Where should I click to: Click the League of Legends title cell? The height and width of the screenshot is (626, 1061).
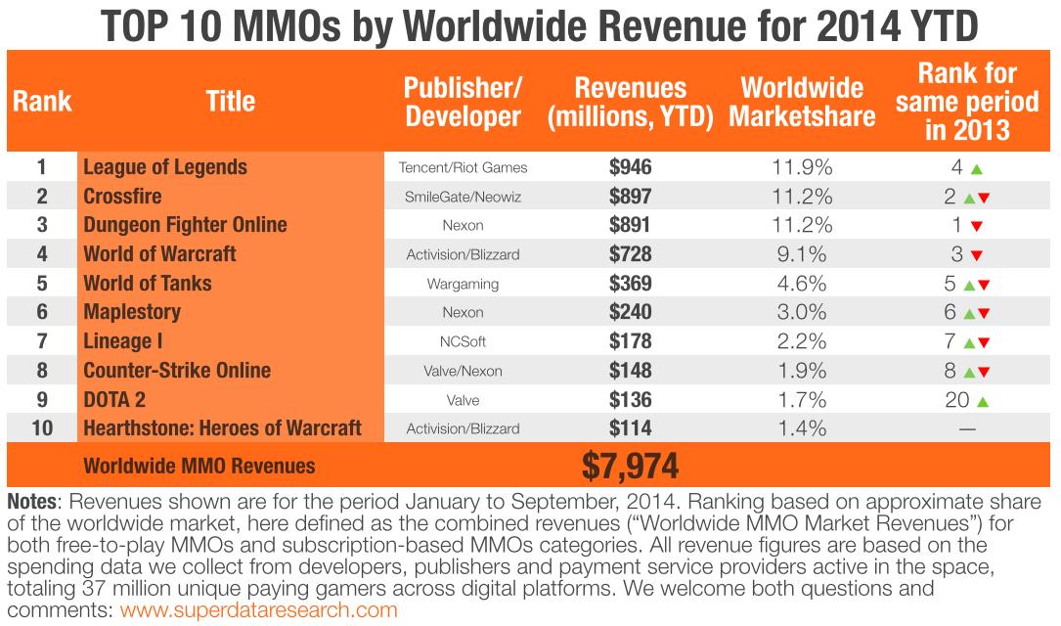[x=165, y=166]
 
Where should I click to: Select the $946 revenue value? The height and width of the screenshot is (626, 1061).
[x=630, y=167]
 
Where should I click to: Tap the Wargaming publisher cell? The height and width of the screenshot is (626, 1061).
[x=463, y=284]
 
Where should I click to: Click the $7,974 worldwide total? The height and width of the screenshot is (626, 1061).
[x=630, y=466]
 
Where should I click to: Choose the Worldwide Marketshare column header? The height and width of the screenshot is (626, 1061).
[x=802, y=101]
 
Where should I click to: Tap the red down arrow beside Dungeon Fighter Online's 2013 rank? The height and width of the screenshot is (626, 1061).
[x=976, y=226]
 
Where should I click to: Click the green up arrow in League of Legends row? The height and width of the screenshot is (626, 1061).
[x=976, y=168]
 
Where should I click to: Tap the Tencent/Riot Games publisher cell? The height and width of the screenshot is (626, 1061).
[x=463, y=167]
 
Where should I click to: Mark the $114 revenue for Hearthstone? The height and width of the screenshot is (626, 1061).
[x=630, y=429]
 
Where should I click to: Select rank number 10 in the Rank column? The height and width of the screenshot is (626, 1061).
[x=41, y=429]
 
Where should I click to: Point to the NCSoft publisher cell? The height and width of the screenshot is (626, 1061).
[x=463, y=342]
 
